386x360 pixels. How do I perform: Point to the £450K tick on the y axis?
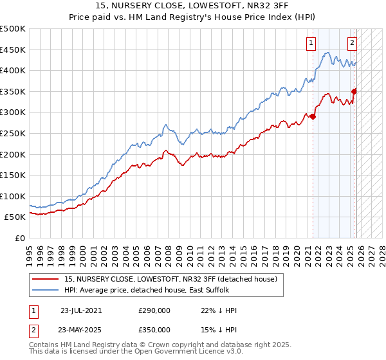[14, 50]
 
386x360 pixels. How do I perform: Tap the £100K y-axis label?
[14, 196]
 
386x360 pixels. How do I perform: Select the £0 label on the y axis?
[19, 238]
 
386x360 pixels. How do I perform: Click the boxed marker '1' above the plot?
[311, 43]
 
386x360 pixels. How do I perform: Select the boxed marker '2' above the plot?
[353, 43]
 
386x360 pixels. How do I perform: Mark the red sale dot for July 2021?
[313, 116]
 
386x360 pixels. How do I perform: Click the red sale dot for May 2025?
[354, 91]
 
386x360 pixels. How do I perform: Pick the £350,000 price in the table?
[154, 329]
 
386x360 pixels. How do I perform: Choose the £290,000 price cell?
[154, 310]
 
